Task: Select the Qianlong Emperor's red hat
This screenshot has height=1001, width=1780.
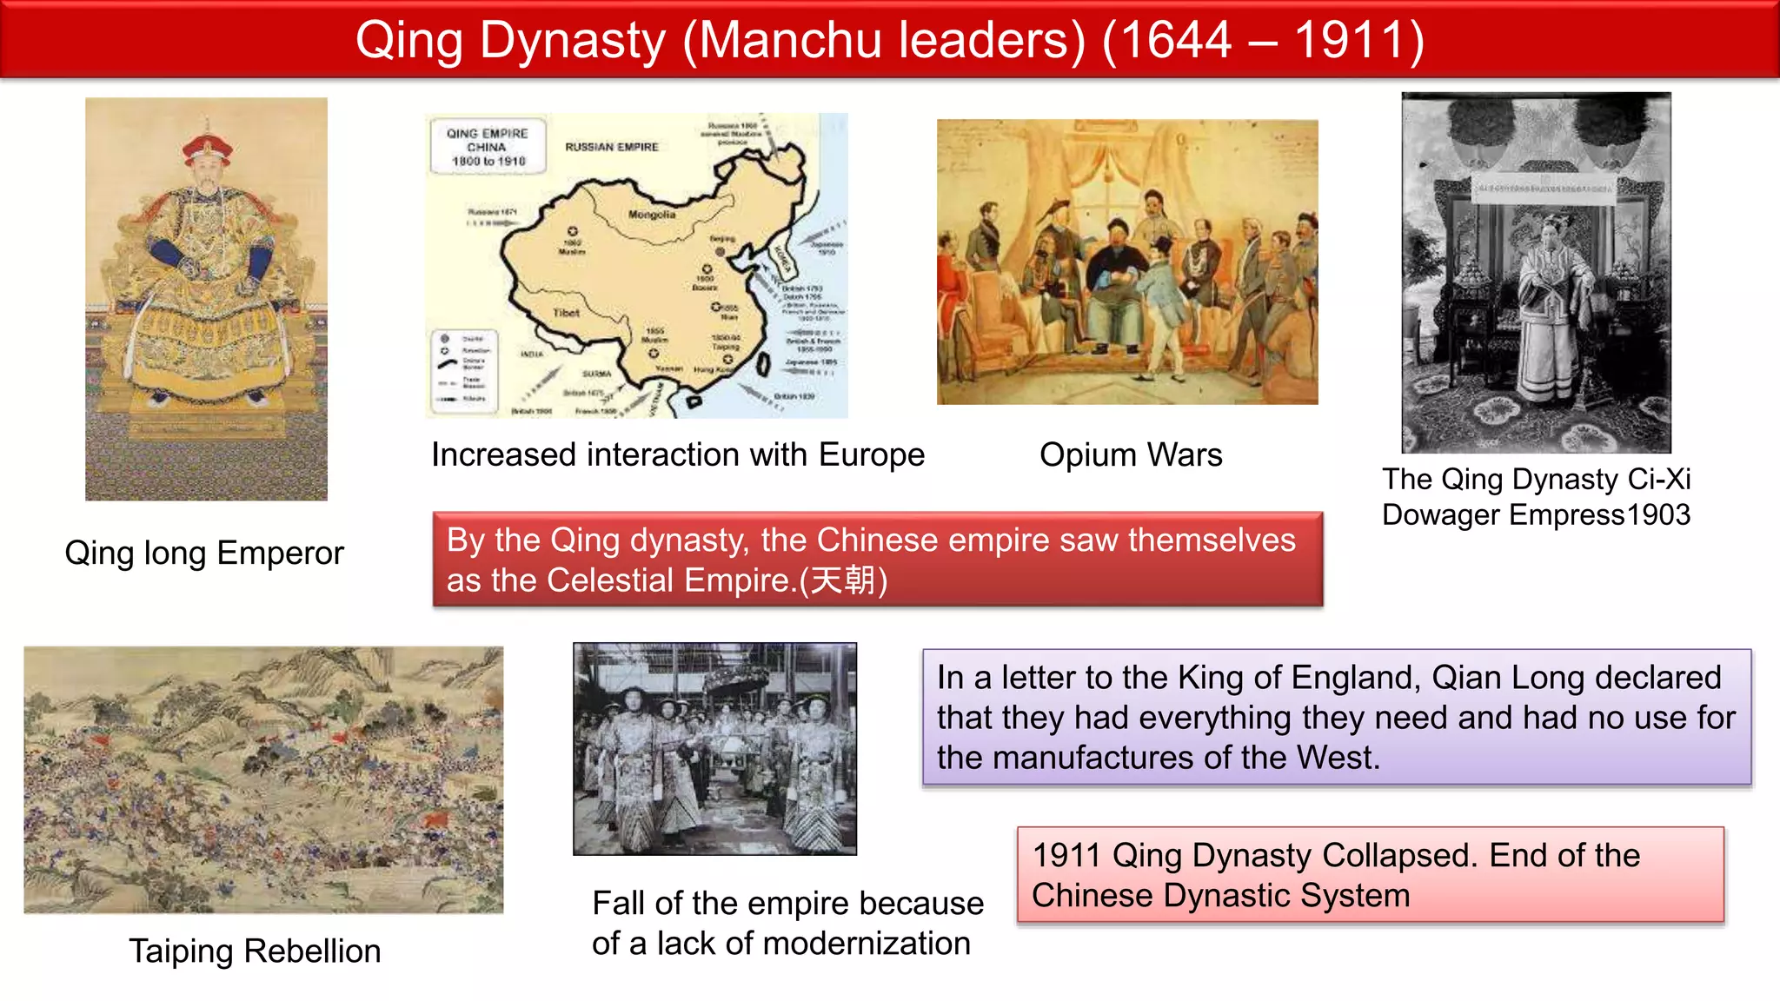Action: [x=207, y=149]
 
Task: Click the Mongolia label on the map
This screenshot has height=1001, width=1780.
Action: [x=651, y=214]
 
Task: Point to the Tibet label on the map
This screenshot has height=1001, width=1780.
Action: [x=566, y=312]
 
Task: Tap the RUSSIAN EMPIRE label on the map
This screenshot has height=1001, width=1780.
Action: [x=612, y=147]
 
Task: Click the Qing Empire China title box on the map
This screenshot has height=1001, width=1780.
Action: [x=488, y=147]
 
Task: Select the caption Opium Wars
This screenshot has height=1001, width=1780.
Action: [x=1131, y=454]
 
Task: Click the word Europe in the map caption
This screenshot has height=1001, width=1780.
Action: [x=871, y=454]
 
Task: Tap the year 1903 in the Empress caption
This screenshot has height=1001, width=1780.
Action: [x=1658, y=514]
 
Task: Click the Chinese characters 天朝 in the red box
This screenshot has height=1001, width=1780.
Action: [x=843, y=580]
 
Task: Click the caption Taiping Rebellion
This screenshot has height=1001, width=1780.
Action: [x=255, y=951]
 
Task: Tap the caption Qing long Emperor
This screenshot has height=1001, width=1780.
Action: [x=204, y=553]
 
